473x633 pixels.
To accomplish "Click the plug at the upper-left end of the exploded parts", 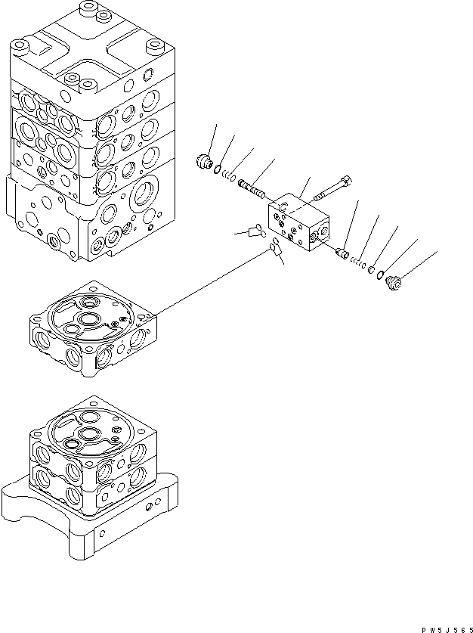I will point(203,162).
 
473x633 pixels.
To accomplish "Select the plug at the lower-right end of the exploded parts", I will point(394,282).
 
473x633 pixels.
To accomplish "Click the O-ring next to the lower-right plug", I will point(382,275).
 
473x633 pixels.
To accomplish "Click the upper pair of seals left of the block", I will point(255,231).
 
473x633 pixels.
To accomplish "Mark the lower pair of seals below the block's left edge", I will point(274,247).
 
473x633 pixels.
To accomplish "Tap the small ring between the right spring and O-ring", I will point(371,269).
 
